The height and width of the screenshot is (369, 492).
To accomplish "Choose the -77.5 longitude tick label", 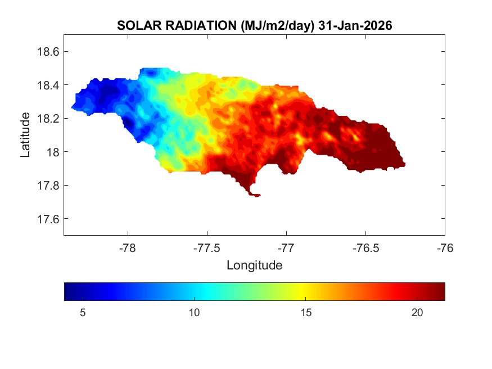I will pos(207,248).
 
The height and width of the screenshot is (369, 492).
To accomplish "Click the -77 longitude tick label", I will pos(286,248).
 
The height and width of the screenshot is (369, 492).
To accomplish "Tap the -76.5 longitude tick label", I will pos(365,248).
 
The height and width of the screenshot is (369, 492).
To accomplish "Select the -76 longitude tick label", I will pos(445,248).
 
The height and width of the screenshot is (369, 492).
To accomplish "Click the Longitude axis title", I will pos(254,265).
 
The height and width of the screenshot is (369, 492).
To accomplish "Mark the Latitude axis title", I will pos(25,135).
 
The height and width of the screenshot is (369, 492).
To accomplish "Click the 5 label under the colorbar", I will pos(82,313).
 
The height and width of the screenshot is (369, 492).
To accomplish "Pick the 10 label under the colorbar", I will pos(193,313).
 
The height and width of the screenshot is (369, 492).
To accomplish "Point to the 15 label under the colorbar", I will pos(305,313).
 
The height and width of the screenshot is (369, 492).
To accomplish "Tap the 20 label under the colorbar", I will pos(417,313).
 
